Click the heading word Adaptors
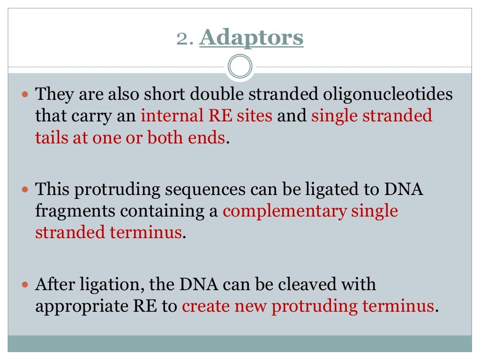251,38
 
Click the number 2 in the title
183,38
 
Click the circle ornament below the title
240,67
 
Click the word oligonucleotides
388,94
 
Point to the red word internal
165,116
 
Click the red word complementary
285,211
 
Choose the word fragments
75,211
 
